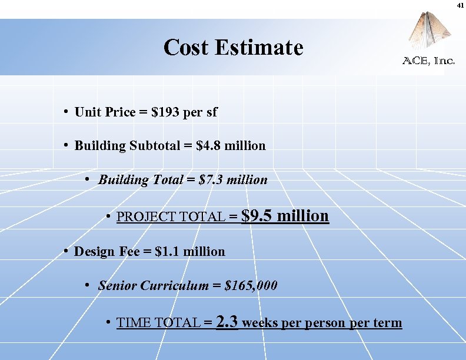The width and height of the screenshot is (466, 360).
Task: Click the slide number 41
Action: (461, 5)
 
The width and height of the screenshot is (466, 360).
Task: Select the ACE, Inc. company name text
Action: (428, 61)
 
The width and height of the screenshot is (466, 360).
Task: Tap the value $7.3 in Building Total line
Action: (211, 179)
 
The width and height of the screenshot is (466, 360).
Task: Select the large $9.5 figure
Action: (257, 216)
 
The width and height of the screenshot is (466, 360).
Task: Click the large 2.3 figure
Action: (227, 322)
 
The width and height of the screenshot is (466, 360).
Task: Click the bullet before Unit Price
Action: (68, 112)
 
